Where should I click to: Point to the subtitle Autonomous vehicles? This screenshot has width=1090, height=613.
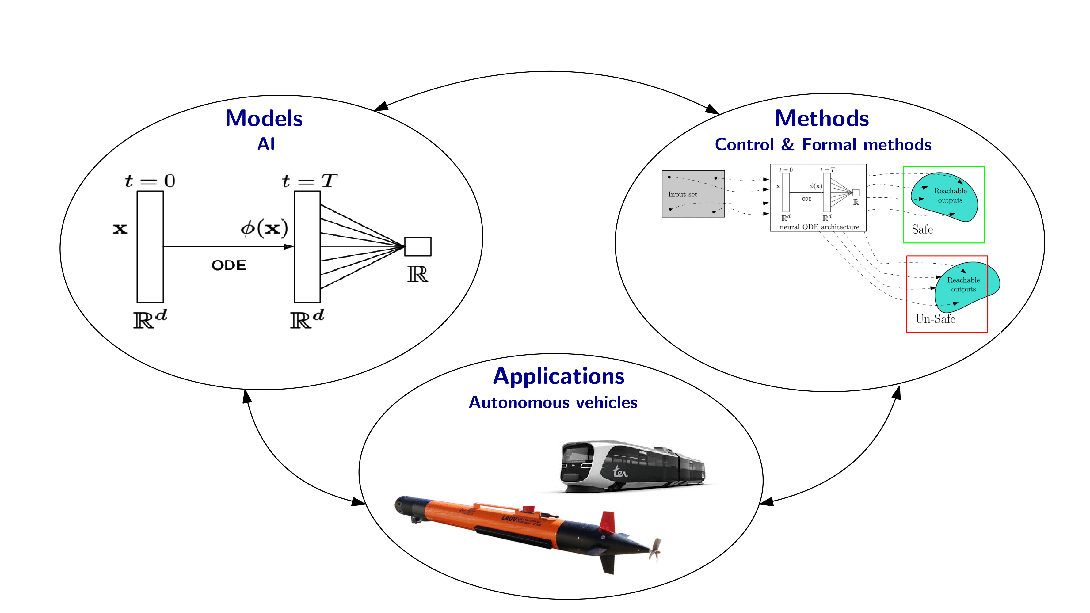tap(553, 402)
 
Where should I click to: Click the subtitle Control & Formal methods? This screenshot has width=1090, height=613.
tap(823, 145)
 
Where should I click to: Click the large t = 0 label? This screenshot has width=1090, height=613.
tap(150, 181)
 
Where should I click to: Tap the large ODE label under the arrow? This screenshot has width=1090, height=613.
tap(228, 265)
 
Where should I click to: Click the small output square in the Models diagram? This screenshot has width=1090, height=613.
tap(417, 247)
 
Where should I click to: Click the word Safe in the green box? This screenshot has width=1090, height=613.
tap(922, 230)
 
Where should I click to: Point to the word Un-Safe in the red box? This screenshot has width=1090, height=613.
tap(935, 319)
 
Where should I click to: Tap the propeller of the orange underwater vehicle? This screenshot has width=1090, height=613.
tap(655, 550)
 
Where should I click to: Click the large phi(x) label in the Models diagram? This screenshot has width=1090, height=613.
tap(265, 228)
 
